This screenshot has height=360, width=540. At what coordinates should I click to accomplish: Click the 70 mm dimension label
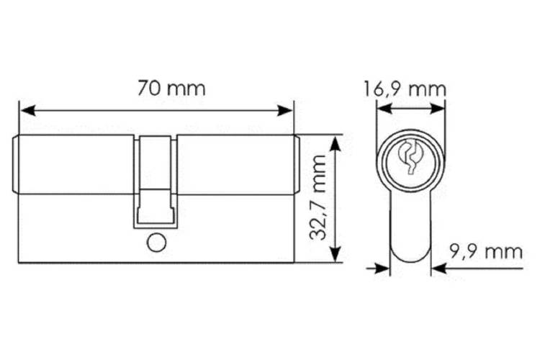(x=171, y=88)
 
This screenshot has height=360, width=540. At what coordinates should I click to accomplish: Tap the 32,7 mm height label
(x=318, y=197)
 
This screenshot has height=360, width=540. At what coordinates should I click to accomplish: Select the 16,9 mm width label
(x=405, y=89)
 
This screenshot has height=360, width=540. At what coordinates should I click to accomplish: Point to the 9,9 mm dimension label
(x=486, y=252)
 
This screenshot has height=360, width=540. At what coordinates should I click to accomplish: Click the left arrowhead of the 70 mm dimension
(x=27, y=111)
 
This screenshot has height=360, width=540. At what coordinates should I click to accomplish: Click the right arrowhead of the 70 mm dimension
(x=285, y=111)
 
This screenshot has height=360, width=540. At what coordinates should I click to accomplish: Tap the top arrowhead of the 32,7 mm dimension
(x=336, y=143)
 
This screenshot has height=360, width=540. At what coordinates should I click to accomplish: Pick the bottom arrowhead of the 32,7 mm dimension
(x=336, y=254)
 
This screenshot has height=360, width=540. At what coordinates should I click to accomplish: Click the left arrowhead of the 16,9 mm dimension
(x=384, y=109)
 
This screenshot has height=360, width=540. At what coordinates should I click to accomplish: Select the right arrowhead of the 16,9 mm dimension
(x=437, y=109)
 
